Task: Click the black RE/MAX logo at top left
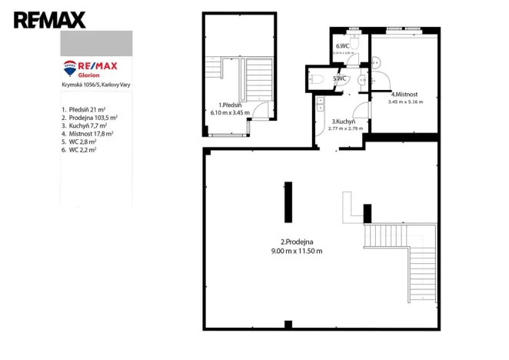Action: (49, 20)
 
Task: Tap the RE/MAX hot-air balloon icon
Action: (70, 68)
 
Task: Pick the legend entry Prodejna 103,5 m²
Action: (90, 117)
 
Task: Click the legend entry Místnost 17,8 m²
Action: (88, 133)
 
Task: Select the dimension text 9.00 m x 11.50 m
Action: (296, 251)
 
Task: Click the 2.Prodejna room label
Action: (296, 242)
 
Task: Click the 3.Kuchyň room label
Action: (343, 122)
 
